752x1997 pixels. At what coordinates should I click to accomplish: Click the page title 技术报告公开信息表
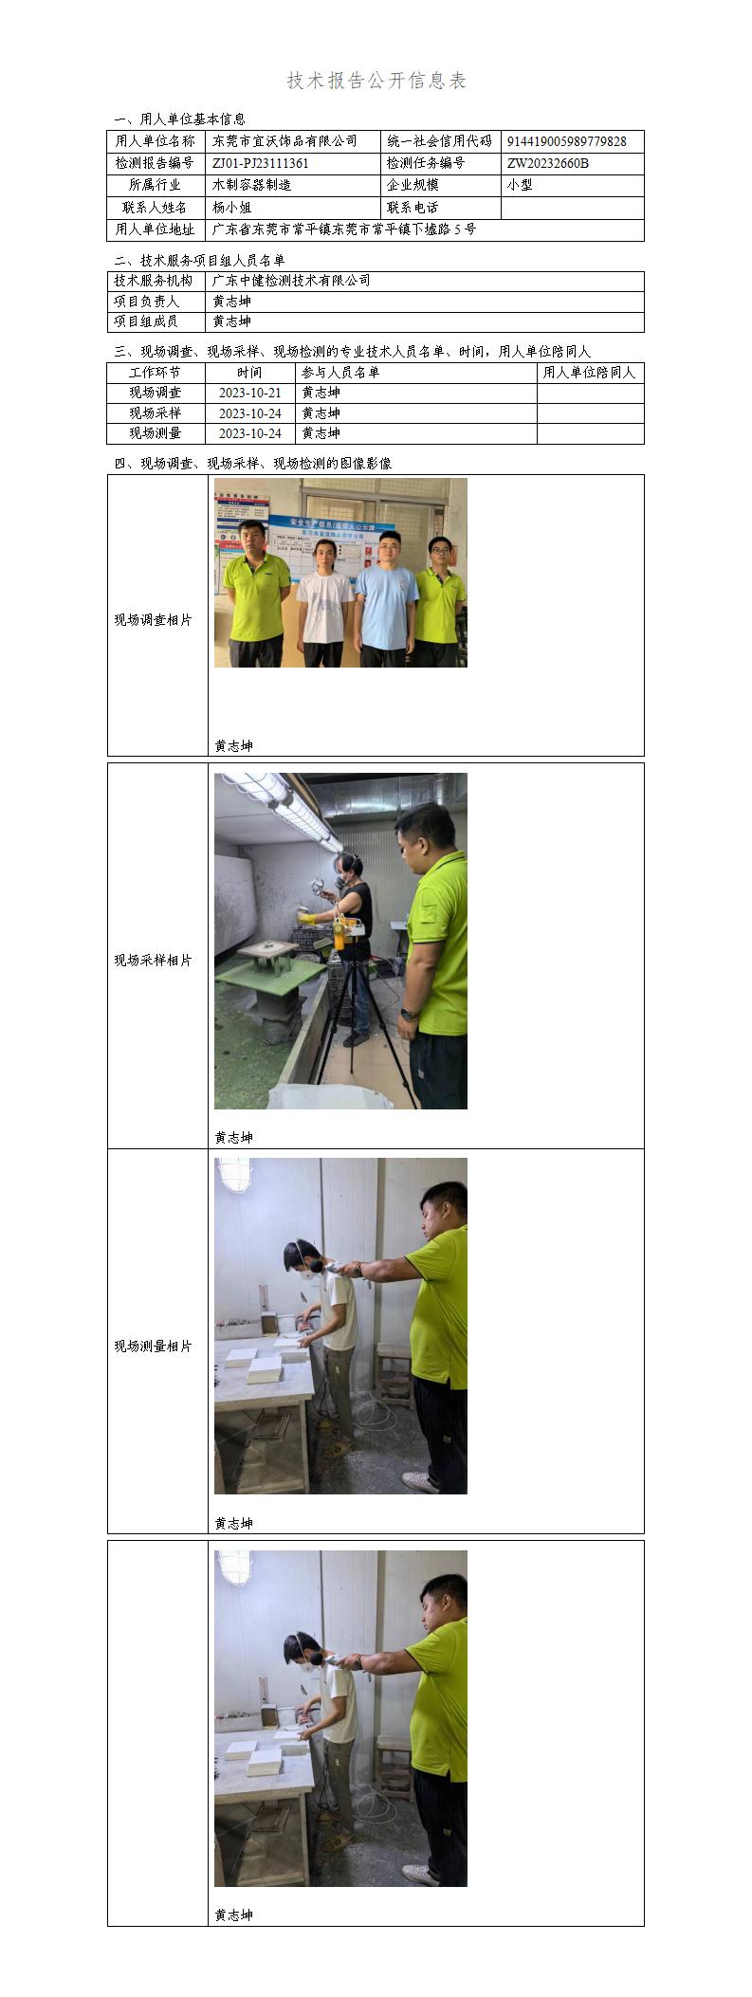pyautogui.click(x=376, y=81)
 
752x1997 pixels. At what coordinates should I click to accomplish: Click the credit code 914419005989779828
pyautogui.click(x=566, y=141)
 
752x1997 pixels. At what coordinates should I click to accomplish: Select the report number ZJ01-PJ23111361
pyautogui.click(x=261, y=163)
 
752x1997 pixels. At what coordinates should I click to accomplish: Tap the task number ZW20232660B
pyautogui.click(x=548, y=163)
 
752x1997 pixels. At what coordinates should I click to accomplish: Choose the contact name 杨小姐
pyautogui.click(x=231, y=207)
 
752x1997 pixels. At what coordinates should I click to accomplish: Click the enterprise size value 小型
pyautogui.click(x=520, y=185)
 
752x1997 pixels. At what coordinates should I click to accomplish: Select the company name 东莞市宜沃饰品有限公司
pyautogui.click(x=284, y=141)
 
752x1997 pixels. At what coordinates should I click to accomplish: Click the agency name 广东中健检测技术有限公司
pyautogui.click(x=291, y=281)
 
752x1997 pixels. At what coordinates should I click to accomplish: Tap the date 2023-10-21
pyautogui.click(x=249, y=393)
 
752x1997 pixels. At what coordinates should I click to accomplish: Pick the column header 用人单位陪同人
pyautogui.click(x=589, y=373)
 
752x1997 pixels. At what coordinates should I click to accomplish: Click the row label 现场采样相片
pyautogui.click(x=154, y=961)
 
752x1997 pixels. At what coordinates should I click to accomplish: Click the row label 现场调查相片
pyautogui.click(x=154, y=620)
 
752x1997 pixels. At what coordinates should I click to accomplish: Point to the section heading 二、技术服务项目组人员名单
pyautogui.click(x=199, y=260)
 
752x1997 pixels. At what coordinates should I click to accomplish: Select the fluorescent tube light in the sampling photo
pyautogui.click(x=280, y=806)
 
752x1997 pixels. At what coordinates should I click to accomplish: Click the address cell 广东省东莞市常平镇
pyautogui.click(x=344, y=229)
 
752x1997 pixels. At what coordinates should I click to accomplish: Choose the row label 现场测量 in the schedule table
pyautogui.click(x=155, y=433)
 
